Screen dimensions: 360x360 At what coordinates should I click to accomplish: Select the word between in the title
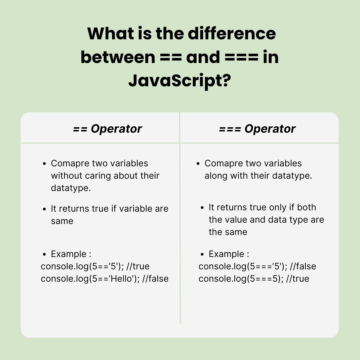pyautogui.click(x=117, y=58)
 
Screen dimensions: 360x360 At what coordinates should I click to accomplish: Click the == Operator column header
pyautogui.click(x=107, y=129)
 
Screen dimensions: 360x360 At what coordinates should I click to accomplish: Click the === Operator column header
pyautogui.click(x=257, y=129)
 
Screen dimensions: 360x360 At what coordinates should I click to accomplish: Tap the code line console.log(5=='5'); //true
pyautogui.click(x=95, y=267)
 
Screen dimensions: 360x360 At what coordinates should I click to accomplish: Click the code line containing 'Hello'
pyautogui.click(x=104, y=279)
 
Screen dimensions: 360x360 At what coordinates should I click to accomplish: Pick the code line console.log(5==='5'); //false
pyautogui.click(x=257, y=267)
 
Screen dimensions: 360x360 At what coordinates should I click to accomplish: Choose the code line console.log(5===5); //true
pyautogui.click(x=254, y=279)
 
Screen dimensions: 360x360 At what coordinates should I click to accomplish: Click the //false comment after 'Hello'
pyautogui.click(x=155, y=279)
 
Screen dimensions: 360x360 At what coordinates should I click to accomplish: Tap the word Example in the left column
pyautogui.click(x=68, y=254)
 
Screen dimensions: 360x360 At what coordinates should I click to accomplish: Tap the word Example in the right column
pyautogui.click(x=226, y=254)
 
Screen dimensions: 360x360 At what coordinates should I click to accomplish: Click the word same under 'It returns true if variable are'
pyautogui.click(x=62, y=221)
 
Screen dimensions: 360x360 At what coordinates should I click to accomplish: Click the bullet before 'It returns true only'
pyautogui.click(x=202, y=208)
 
